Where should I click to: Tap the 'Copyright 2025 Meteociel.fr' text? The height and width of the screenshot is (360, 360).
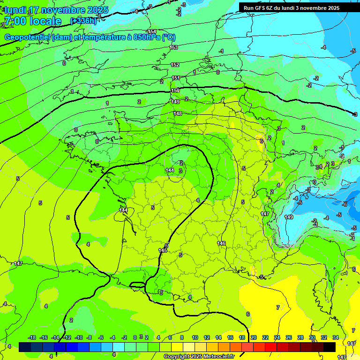pyautogui.click(x=199, y=357)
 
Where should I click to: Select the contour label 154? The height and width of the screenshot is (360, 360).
pyautogui.click(x=152, y=31)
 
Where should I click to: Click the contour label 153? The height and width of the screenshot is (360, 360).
pyautogui.click(x=174, y=47)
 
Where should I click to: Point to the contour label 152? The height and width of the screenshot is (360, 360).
pyautogui.click(x=175, y=65)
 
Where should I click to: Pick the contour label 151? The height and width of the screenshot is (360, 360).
pyautogui.click(x=176, y=78)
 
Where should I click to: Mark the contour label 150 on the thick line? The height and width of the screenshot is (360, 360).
pyautogui.click(x=175, y=90)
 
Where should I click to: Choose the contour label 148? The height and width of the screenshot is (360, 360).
pyautogui.click(x=178, y=113)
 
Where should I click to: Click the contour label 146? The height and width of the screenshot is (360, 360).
pyautogui.click(x=221, y=243)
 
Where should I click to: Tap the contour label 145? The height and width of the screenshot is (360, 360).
pyautogui.click(x=163, y=250)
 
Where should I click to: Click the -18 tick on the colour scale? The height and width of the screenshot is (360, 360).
pyautogui.click(x=32, y=337)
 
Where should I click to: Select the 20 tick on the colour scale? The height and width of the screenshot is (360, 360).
pyautogui.click(x=254, y=337)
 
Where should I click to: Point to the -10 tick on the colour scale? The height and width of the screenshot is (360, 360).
pyautogui.click(x=79, y=337)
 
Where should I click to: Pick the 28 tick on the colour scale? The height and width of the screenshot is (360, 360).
pyautogui.click(x=300, y=337)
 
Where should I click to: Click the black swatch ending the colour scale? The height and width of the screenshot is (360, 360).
pyautogui.click(x=330, y=347)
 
